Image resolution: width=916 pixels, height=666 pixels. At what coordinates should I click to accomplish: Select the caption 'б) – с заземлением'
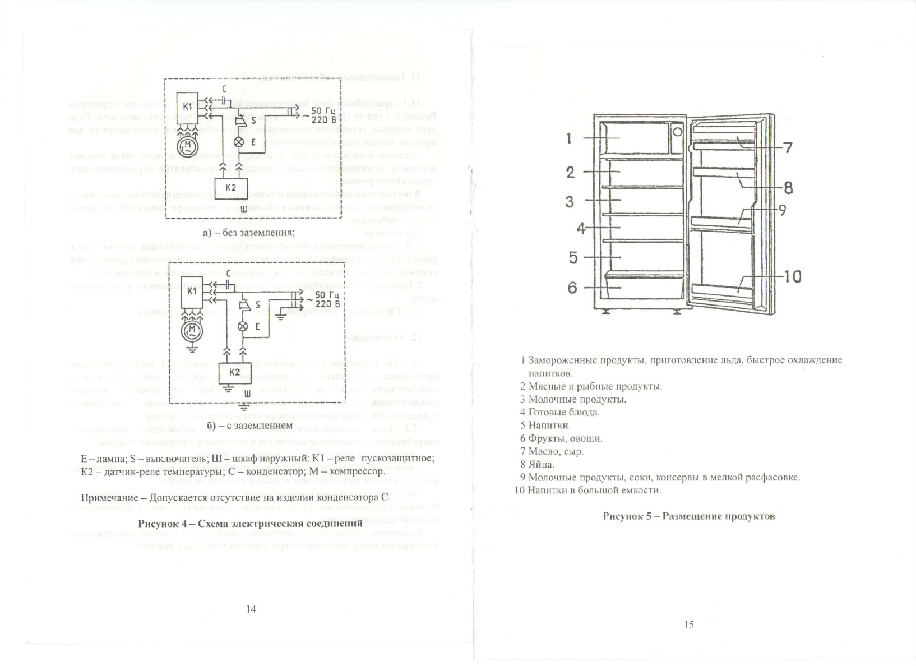[x=249, y=425]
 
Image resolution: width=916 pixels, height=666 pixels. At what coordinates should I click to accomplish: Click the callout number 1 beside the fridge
[x=569, y=138]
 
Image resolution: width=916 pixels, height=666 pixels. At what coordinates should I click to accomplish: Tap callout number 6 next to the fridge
[x=572, y=288]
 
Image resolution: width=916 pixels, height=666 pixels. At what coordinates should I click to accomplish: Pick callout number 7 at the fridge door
[x=788, y=147]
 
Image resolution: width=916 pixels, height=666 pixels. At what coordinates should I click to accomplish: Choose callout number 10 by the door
[x=792, y=276]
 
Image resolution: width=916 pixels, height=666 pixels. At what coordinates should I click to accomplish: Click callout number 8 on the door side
[x=788, y=188]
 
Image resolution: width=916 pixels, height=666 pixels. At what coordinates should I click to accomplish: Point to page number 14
[x=251, y=609]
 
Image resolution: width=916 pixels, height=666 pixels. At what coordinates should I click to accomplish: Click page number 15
[x=688, y=625]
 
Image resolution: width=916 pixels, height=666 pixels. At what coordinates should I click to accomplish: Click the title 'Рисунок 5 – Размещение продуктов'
[x=689, y=516]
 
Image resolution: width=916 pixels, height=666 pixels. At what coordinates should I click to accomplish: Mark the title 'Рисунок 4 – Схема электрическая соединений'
[x=250, y=524]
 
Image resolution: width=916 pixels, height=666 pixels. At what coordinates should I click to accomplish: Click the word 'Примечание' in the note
[x=110, y=498]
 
